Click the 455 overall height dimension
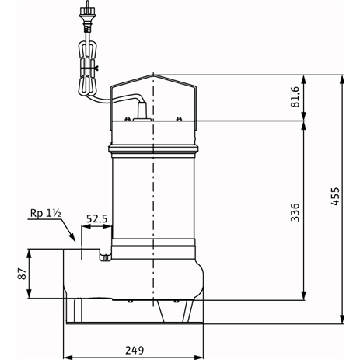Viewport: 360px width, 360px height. coord(335,196)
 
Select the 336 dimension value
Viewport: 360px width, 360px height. coord(295,212)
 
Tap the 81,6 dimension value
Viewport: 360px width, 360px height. coord(295,96)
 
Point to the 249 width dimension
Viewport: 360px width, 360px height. coord(135,351)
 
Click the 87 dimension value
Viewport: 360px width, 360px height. coord(22,274)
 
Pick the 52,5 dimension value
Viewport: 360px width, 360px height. coord(96,219)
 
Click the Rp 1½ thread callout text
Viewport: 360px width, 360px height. coord(46,213)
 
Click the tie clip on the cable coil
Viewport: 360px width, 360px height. coord(89,68)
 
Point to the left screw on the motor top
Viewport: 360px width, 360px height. coord(128,119)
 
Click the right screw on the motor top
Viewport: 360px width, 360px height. coord(179,119)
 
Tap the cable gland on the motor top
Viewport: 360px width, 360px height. coord(142,111)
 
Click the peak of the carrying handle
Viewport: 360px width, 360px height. coord(153,75)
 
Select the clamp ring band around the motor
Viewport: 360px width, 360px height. coord(153,149)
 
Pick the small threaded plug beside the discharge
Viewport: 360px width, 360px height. coord(106,258)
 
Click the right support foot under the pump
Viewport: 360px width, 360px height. coord(188,311)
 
